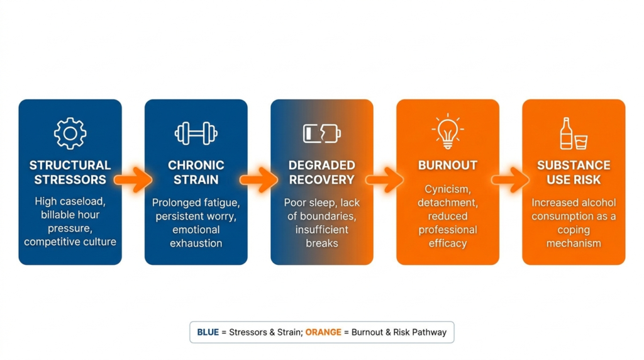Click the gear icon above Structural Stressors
pos(70,133)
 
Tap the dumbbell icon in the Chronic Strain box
pos(196,133)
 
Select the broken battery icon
pos(322,133)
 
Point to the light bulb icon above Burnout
pos(448,131)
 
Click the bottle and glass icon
pos(574,133)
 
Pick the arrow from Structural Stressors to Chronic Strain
pos(133,179)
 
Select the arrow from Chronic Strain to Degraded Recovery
pos(258,179)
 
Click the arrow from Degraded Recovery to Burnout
pos(385,179)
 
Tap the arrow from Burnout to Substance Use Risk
pos(511,179)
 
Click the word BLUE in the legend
pos(208,332)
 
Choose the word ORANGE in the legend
pos(323,332)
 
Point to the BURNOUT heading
pos(448,165)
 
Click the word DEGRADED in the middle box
pos(322,165)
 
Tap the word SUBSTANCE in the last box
pos(574,165)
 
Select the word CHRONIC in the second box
pos(196,165)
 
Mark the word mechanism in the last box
pos(574,244)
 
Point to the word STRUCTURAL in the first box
pos(70,165)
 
